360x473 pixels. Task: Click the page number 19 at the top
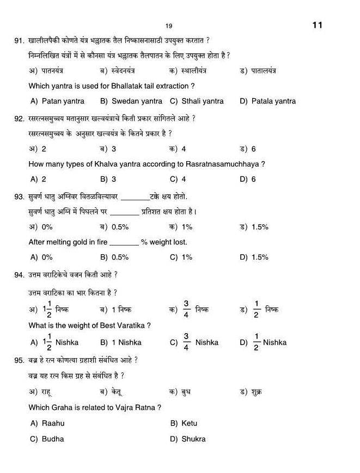169,26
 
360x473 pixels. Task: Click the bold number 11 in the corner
318,25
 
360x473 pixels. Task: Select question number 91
20,41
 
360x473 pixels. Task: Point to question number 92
20,119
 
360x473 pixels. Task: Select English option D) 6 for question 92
248,179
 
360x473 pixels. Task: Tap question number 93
20,196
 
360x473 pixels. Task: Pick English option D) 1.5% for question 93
254,257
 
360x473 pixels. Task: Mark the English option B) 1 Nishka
121,342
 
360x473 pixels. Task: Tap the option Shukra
193,439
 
